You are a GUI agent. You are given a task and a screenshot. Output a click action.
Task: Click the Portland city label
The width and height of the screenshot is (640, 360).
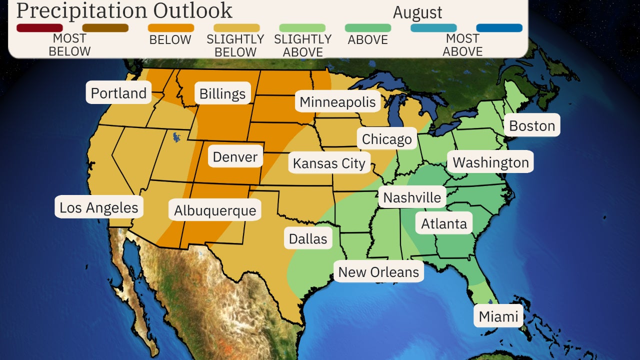point(118,93)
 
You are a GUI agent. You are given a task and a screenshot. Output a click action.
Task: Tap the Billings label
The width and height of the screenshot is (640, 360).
point(222,93)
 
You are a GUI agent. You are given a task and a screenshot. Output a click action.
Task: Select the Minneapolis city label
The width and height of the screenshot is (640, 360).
point(337,102)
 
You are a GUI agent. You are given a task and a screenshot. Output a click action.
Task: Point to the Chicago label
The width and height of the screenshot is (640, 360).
point(386,139)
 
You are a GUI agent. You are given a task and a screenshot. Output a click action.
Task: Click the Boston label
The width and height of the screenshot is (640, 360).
point(532,125)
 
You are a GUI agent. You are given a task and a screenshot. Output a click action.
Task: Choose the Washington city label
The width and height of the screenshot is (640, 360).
point(490,162)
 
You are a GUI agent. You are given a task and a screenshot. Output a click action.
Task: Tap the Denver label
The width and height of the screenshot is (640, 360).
point(235,157)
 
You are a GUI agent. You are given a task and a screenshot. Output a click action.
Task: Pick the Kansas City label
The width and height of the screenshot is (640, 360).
point(329,163)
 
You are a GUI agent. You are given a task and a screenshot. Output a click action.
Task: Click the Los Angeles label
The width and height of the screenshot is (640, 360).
point(99,207)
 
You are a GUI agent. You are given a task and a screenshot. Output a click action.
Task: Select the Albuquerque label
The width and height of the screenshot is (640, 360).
point(215,210)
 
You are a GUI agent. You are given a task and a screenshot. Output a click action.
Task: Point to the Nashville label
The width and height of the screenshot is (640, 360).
point(412,197)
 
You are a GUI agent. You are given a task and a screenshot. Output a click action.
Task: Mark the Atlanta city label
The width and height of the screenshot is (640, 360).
point(444,223)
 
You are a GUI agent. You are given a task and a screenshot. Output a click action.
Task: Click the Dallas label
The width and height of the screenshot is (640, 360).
point(308,238)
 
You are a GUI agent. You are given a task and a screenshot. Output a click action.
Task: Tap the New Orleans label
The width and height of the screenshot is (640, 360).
point(378,272)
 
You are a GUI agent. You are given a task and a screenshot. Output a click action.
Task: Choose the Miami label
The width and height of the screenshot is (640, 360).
point(498,316)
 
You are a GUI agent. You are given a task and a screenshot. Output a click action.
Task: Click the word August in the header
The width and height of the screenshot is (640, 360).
point(417,12)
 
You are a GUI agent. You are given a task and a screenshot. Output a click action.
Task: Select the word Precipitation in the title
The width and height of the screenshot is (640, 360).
point(80,10)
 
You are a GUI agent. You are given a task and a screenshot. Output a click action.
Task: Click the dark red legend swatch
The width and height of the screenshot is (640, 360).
point(39,28)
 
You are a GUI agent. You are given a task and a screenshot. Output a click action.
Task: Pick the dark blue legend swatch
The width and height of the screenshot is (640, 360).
point(499,28)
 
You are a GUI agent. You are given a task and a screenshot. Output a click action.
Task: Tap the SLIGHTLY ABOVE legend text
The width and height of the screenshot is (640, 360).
point(302,45)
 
